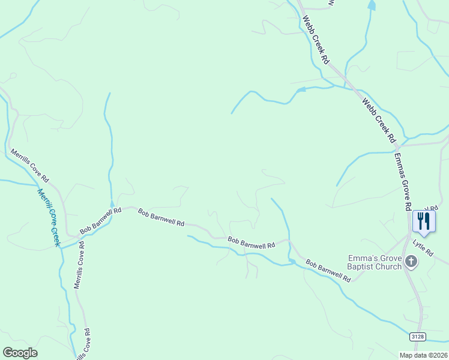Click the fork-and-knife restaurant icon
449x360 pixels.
click(424, 221)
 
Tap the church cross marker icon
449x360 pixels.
click(411, 261)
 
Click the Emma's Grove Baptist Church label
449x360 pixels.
click(375, 263)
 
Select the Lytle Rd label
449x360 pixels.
click(423, 248)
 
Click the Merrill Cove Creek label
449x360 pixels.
click(49, 217)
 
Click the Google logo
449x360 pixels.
click(20, 353)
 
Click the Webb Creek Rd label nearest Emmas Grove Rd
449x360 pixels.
click(379, 121)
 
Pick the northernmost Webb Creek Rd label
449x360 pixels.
click(316, 40)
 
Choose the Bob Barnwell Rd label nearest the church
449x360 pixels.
click(328, 271)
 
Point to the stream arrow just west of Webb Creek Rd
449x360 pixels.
click(301, 90)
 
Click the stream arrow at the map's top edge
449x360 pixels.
click(372, 6)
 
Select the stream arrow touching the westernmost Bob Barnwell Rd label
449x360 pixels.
click(112, 204)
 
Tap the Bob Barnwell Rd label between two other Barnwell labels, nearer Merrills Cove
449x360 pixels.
click(161, 217)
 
